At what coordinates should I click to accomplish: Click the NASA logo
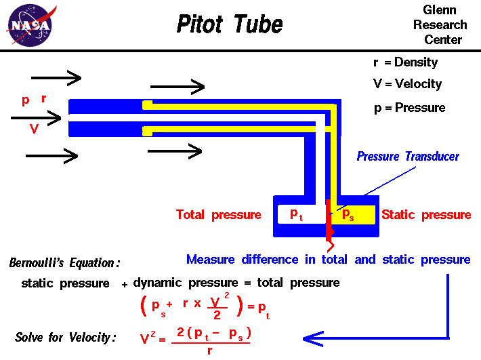point(29,25)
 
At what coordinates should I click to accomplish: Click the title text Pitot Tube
point(229,25)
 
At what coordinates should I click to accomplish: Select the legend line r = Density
point(405,62)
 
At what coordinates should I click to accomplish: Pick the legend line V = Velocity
point(407,84)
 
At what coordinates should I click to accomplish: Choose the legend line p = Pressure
point(409,108)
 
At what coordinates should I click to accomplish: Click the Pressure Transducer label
point(408,157)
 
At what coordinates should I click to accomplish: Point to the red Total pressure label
point(218,215)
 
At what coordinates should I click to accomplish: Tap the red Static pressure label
point(426,215)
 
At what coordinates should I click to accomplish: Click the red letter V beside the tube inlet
point(34,129)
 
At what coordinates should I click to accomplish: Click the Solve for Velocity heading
point(66,337)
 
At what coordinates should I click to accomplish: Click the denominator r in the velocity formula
point(211,350)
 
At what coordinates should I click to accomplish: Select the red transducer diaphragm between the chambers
point(329,220)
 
